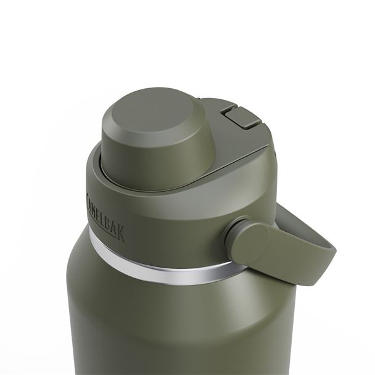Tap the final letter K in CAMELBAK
click(x=122, y=233)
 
